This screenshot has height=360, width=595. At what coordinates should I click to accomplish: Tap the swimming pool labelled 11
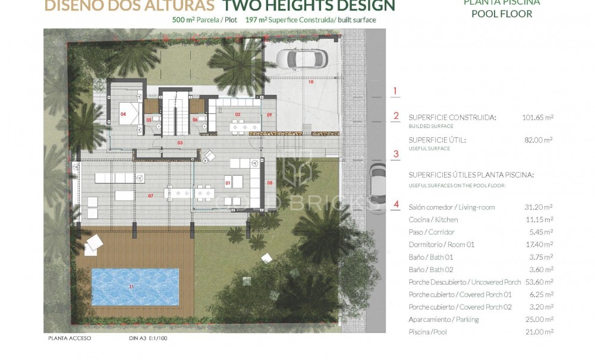(135, 286)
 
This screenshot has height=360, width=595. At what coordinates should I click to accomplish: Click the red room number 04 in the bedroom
(124, 112)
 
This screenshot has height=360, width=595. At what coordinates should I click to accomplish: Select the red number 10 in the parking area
(310, 82)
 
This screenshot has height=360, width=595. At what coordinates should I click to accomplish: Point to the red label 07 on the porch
(151, 195)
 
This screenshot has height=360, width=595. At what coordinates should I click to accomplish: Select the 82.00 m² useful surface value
(539, 140)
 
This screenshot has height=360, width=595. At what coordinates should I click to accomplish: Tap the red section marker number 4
(396, 206)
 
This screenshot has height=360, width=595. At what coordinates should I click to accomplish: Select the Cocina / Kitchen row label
(433, 220)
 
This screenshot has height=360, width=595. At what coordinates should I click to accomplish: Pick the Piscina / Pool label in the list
(427, 332)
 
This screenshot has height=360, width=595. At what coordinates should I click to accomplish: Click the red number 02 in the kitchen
(237, 113)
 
